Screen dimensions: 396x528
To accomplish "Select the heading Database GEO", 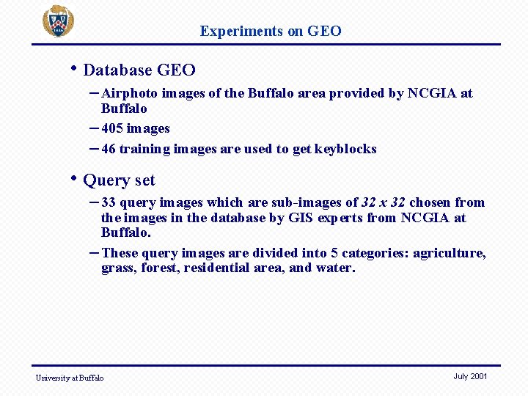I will (139, 70).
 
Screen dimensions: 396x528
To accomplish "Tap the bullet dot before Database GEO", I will (74, 69).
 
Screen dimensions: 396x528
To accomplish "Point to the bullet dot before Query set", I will (74, 179).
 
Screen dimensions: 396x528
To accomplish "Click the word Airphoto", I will (129, 93).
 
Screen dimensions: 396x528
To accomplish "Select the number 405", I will (111, 128).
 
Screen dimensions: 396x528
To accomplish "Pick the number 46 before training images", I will (109, 149).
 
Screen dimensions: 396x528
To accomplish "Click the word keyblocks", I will (345, 149).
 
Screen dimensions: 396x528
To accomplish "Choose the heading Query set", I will (120, 180).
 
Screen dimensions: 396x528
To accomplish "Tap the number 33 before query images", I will (109, 202).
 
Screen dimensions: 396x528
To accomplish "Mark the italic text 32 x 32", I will (384, 202).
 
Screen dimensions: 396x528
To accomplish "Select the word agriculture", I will (449, 254).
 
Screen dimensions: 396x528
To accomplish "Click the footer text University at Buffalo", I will (70, 378).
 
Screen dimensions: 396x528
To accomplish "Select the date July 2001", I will (470, 376).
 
